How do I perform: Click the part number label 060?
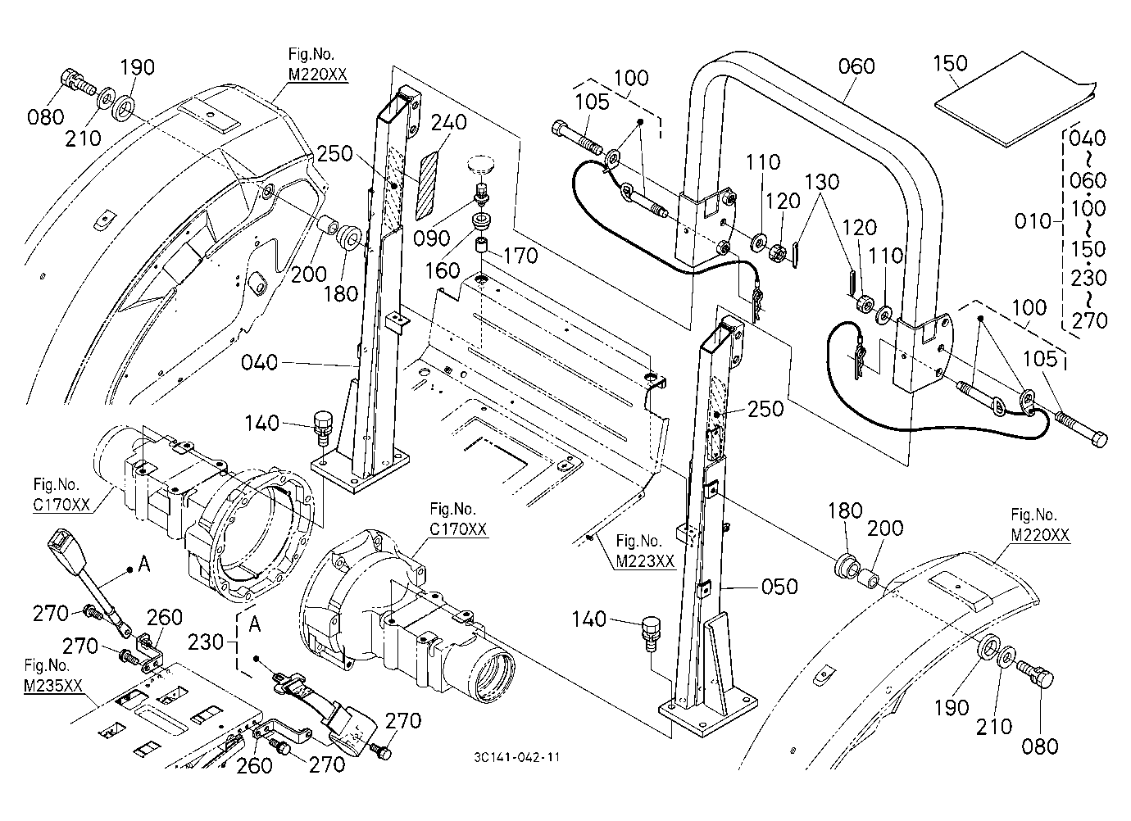coord(856,66)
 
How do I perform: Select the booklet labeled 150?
coord(991,101)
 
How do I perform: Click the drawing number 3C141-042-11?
coord(516,757)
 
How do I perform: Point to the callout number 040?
coord(259,362)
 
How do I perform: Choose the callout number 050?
coord(779,587)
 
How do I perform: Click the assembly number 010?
coord(1033,221)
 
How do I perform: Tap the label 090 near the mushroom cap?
coord(431,238)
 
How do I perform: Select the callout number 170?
coord(520,256)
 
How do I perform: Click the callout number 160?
coord(443,271)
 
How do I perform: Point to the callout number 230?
coord(206,642)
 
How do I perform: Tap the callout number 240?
coord(449,122)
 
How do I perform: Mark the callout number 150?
coord(950,63)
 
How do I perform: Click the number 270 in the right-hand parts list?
coord(1088,320)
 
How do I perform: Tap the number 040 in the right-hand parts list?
coord(1087,138)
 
